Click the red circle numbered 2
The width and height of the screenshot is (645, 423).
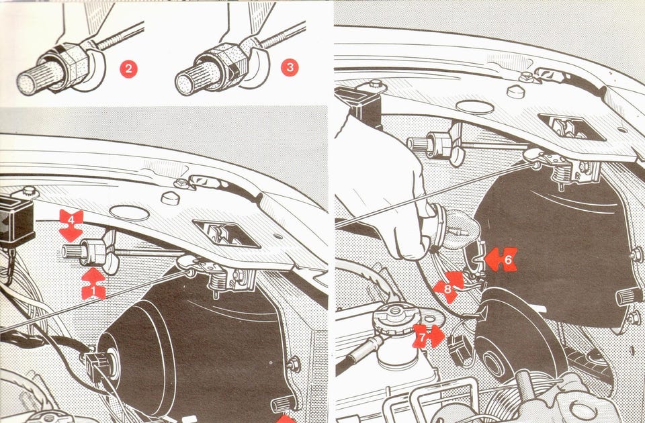pyautogui.click(x=129, y=69)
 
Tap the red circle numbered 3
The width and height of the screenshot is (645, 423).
pyautogui.click(x=290, y=67)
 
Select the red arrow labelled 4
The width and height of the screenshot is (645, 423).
pyautogui.click(x=71, y=226)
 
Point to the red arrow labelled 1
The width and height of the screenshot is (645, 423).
pyautogui.click(x=94, y=285)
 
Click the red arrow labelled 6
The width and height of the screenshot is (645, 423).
pyautogui.click(x=501, y=259)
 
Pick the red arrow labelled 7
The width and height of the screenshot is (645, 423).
pyautogui.click(x=429, y=336)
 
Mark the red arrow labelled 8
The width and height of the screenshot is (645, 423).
pyautogui.click(x=448, y=286)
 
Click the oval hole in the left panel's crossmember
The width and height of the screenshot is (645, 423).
pyautogui.click(x=129, y=213)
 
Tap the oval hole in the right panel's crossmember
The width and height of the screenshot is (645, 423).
pyautogui.click(x=475, y=107)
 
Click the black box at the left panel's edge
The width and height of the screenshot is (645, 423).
pyautogui.click(x=16, y=221)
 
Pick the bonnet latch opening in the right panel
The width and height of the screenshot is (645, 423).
pyautogui.click(x=571, y=126)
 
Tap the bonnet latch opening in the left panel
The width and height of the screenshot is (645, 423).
pyautogui.click(x=226, y=234)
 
